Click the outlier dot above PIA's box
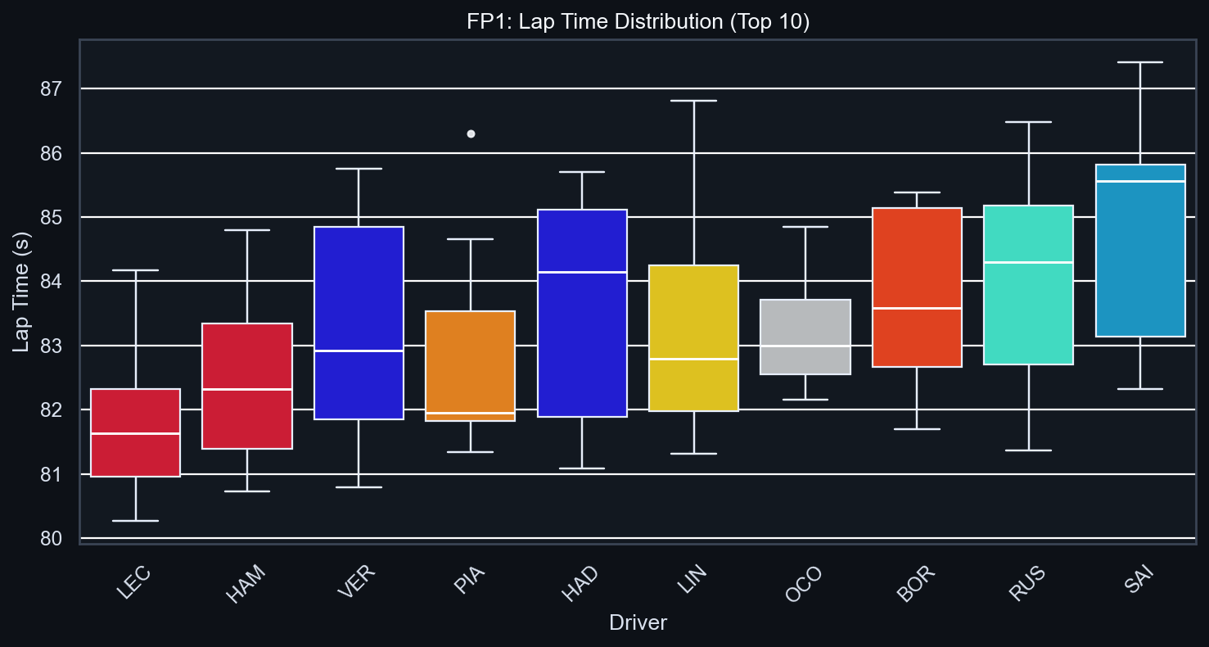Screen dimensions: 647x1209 pyautogui.click(x=471, y=133)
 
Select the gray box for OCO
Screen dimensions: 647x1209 pyautogui.click(x=805, y=337)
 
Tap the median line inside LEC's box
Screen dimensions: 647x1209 pyautogui.click(x=135, y=433)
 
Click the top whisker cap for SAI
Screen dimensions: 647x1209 pyautogui.click(x=1140, y=62)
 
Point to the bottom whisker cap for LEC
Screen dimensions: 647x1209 pyautogui.click(x=135, y=521)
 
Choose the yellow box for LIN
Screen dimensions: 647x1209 pyautogui.click(x=694, y=337)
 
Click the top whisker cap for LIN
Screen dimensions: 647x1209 pyautogui.click(x=694, y=101)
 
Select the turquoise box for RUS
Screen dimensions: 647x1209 pyautogui.click(x=1028, y=284)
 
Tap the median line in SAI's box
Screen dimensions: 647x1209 pyautogui.click(x=1140, y=182)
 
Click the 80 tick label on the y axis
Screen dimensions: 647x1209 pyautogui.click(x=51, y=538)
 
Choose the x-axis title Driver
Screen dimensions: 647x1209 pyautogui.click(x=638, y=623)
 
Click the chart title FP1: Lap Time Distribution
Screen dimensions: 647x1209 pyautogui.click(x=638, y=22)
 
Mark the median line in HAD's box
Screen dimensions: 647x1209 pyautogui.click(x=582, y=272)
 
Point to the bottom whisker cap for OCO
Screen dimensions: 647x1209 pyautogui.click(x=805, y=400)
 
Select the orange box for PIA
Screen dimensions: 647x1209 pyautogui.click(x=471, y=365)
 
